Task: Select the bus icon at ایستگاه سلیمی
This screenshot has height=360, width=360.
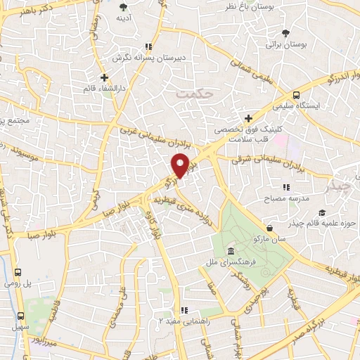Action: (x=296, y=95)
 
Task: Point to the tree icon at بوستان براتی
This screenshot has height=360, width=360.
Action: (x=285, y=33)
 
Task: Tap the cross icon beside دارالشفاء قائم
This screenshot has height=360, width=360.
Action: (x=104, y=77)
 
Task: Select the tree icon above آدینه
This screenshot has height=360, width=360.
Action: (x=124, y=7)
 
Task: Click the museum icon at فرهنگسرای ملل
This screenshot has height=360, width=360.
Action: (x=231, y=252)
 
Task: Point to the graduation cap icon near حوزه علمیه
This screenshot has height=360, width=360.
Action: (x=321, y=213)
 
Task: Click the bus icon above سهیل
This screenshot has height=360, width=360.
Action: (x=20, y=316)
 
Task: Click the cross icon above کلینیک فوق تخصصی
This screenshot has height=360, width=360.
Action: (x=247, y=118)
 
